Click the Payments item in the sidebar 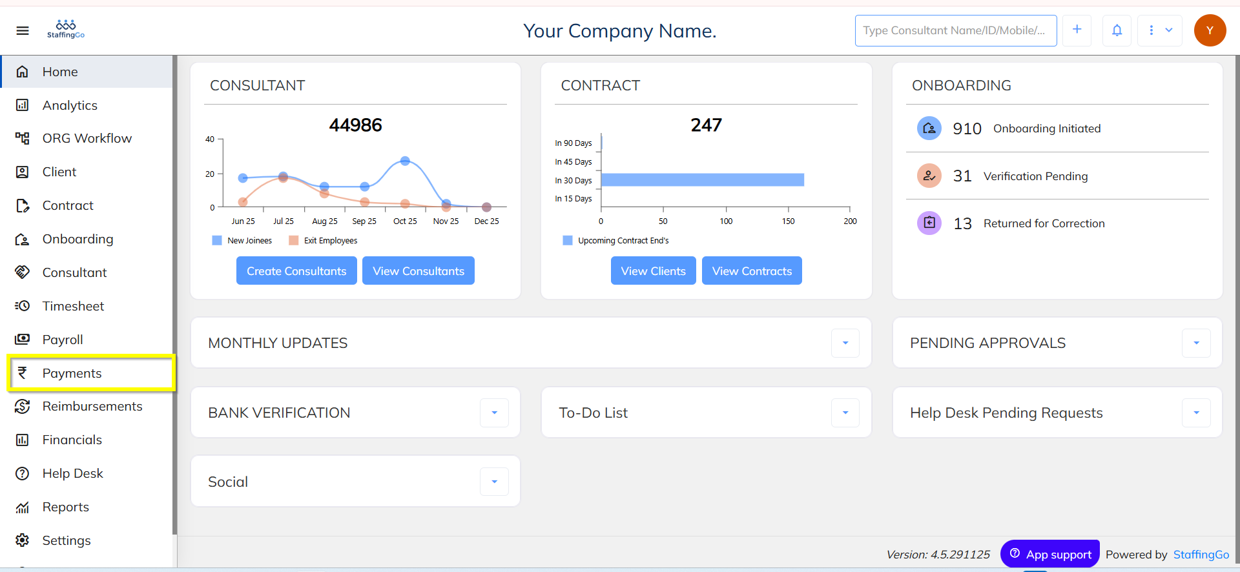coord(72,373)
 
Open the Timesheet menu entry coord(73,306)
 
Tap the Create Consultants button coord(296,271)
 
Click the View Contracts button coord(752,271)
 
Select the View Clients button coord(653,271)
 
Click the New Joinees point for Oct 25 coord(405,161)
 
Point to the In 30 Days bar coord(702,179)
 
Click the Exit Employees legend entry coord(330,241)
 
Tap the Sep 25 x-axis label coord(364,221)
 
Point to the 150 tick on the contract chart coord(788,221)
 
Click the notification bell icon coord(1117,30)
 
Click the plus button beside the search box coord(1077,30)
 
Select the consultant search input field coord(955,30)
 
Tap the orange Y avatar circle coord(1210,30)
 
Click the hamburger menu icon coord(23,30)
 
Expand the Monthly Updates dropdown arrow coord(845,343)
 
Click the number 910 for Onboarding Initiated coord(967,129)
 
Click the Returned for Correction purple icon coord(929,223)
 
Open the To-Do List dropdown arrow coord(845,413)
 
